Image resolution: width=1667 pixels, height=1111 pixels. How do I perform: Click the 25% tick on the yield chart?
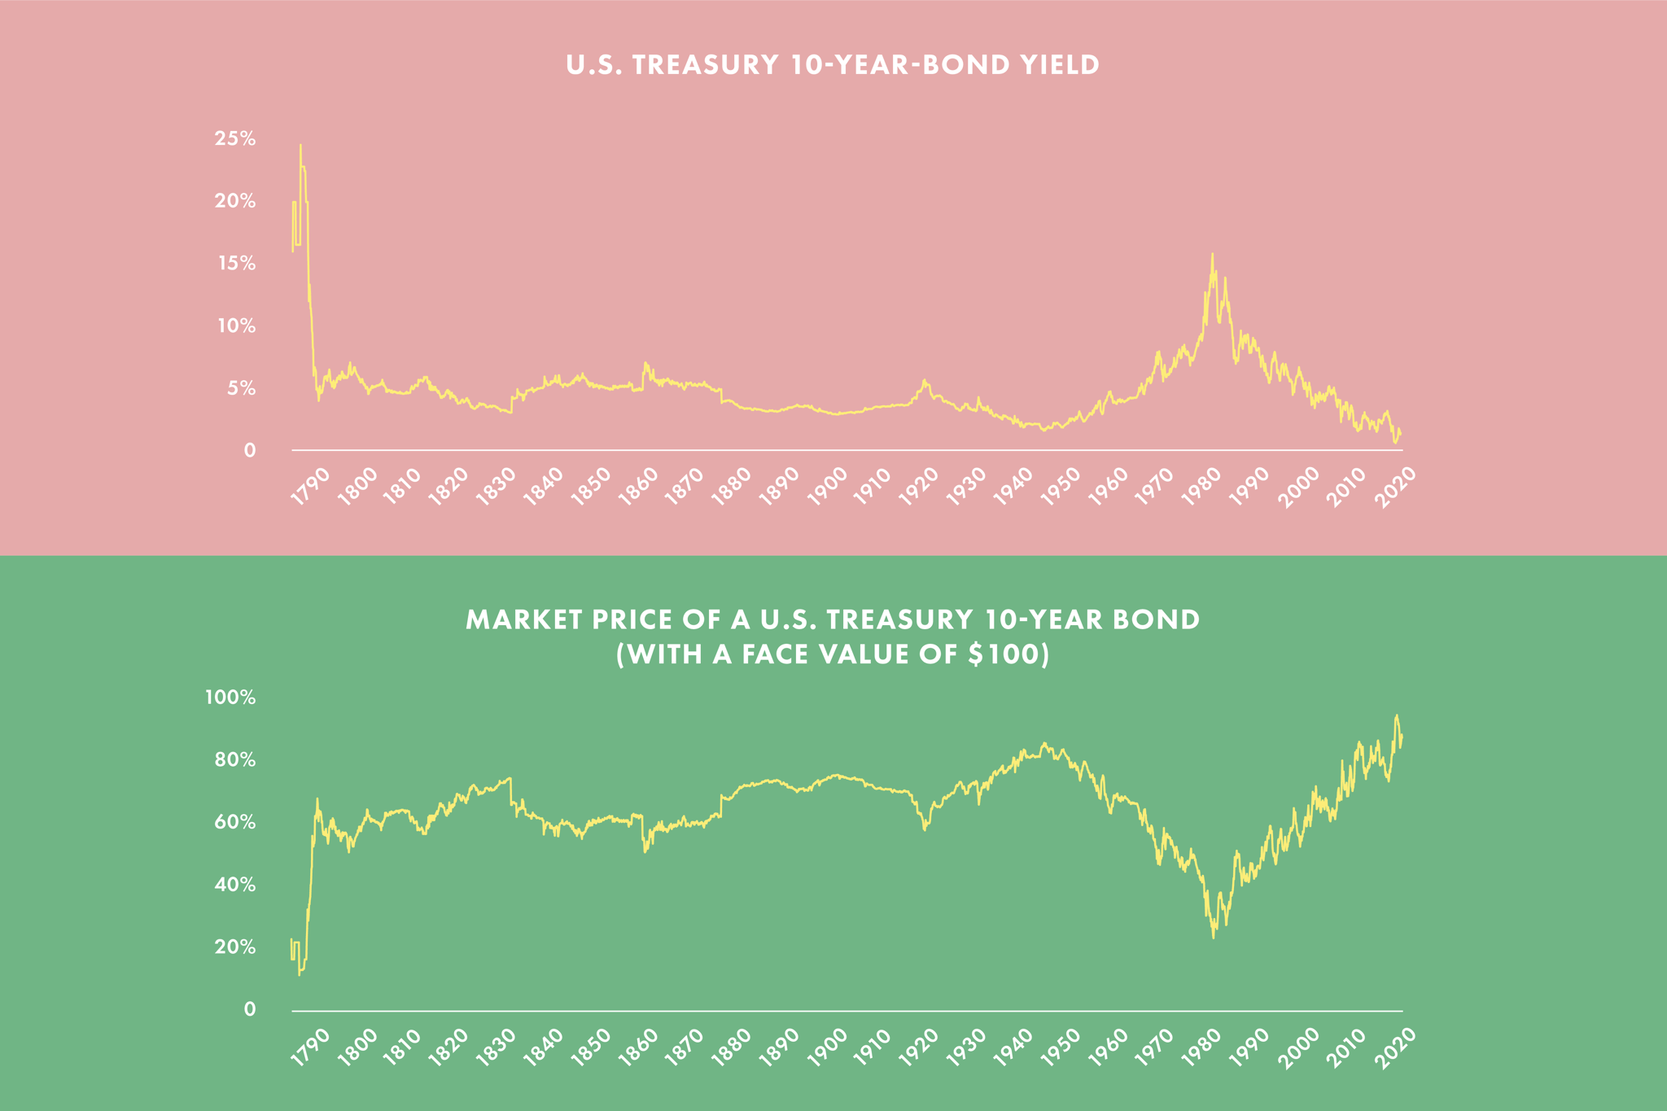click(x=235, y=139)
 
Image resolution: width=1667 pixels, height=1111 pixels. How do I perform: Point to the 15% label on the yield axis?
click(x=235, y=264)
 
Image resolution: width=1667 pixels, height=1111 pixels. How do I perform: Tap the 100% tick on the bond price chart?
click(x=230, y=698)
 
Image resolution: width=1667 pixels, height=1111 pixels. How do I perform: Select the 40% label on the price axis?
click(x=235, y=885)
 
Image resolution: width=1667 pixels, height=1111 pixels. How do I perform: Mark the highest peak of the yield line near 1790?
click(x=300, y=146)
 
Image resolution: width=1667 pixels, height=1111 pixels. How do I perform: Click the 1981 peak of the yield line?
click(x=1212, y=254)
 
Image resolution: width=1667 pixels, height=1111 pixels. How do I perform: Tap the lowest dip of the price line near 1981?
click(x=1213, y=938)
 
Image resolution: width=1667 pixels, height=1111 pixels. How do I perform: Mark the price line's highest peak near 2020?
click(x=1396, y=715)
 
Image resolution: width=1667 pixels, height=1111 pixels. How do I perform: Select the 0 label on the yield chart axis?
click(x=249, y=451)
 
